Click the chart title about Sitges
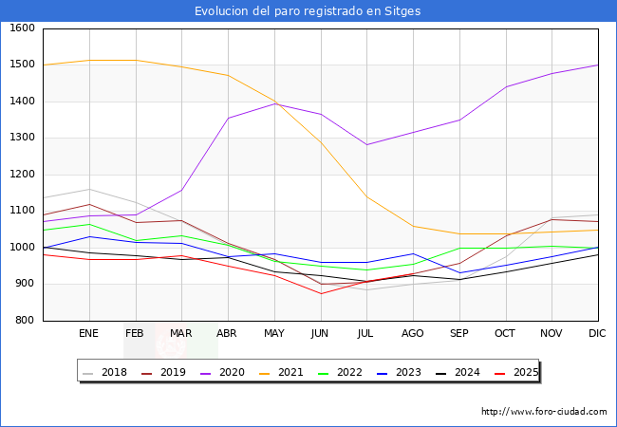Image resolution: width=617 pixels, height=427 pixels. tap(308, 11)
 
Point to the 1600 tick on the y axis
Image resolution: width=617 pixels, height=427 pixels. tap(23, 28)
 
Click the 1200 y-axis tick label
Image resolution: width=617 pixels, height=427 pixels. tap(23, 175)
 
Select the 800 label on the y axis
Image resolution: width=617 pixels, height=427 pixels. tap(26, 321)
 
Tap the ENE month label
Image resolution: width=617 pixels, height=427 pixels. tap(88, 334)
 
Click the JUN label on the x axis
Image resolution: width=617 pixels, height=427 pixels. tap(320, 334)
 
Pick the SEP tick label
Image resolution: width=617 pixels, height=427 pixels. tap(459, 334)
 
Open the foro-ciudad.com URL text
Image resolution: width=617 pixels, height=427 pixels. tap(544, 412)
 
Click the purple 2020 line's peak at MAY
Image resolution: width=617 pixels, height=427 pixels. tap(274, 103)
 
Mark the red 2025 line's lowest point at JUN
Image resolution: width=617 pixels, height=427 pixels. tap(320, 293)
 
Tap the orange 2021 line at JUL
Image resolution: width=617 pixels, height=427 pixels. tap(366, 196)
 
